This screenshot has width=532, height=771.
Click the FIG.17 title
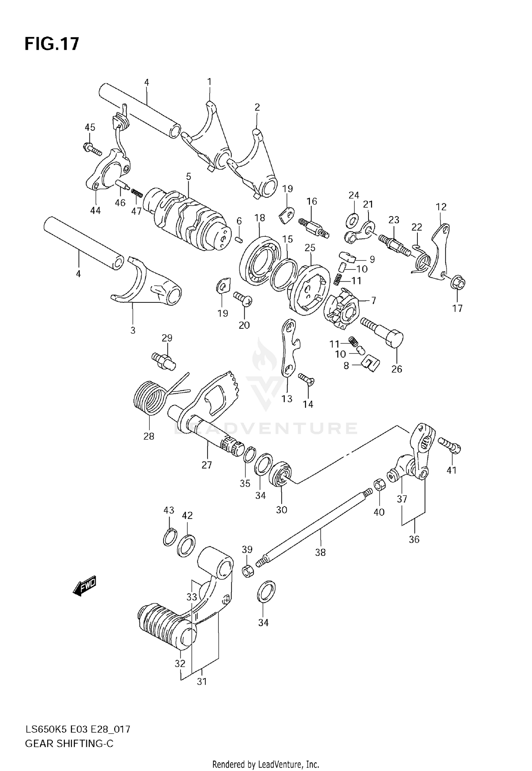tap(52, 44)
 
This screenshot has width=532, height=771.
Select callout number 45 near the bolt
tap(90, 127)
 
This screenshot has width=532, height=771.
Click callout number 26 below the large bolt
tap(397, 369)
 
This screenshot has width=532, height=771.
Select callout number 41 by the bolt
tap(451, 470)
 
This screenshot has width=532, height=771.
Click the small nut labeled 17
tap(458, 283)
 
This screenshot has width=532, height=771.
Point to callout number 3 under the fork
tap(133, 330)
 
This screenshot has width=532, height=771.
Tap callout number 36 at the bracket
tap(414, 539)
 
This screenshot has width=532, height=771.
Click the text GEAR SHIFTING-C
tap(69, 743)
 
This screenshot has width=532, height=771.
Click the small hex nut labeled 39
tap(247, 571)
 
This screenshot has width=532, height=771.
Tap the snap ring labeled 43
tap(170, 538)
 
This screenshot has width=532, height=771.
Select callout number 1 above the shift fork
tap(209, 82)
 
